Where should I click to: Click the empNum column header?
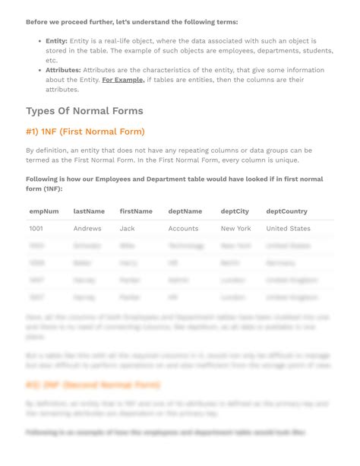(x=44, y=211)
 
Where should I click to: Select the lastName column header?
(x=89, y=211)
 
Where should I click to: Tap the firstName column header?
(x=136, y=211)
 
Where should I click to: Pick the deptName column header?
(x=185, y=211)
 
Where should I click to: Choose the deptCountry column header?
(x=287, y=211)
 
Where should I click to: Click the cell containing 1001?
(x=36, y=228)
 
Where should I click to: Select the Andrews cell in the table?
(x=87, y=228)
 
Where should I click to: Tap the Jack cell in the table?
(x=127, y=228)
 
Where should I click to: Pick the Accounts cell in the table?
(x=183, y=228)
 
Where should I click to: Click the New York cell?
(x=235, y=228)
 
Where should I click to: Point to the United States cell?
(x=288, y=228)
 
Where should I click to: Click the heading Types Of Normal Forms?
(x=84, y=111)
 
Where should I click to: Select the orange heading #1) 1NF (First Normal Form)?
(x=85, y=132)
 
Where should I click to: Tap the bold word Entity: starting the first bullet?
(x=56, y=40)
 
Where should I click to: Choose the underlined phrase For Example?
(x=123, y=80)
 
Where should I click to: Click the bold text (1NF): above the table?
(x=52, y=189)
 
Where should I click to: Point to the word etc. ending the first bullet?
(x=51, y=60)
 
